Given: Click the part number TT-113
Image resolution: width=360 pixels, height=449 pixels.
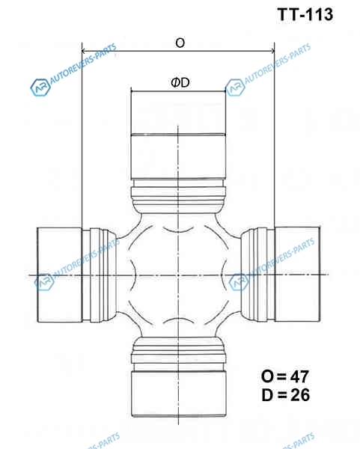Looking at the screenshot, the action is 305,14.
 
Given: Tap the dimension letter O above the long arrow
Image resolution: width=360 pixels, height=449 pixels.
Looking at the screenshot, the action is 180,43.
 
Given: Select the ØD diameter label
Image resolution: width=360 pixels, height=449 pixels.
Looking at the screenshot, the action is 180,83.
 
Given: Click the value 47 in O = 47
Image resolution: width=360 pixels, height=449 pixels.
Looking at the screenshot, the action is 299,376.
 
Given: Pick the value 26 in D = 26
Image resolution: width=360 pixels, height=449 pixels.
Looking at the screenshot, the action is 300,395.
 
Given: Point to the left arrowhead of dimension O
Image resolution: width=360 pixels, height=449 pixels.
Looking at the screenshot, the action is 84,51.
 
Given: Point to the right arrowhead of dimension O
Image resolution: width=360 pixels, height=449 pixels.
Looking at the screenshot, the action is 272,51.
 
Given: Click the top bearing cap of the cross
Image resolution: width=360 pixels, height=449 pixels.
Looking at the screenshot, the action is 178,135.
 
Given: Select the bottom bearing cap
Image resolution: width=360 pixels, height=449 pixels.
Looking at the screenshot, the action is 179,394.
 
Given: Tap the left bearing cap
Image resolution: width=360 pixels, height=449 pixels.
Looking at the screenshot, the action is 60,275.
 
